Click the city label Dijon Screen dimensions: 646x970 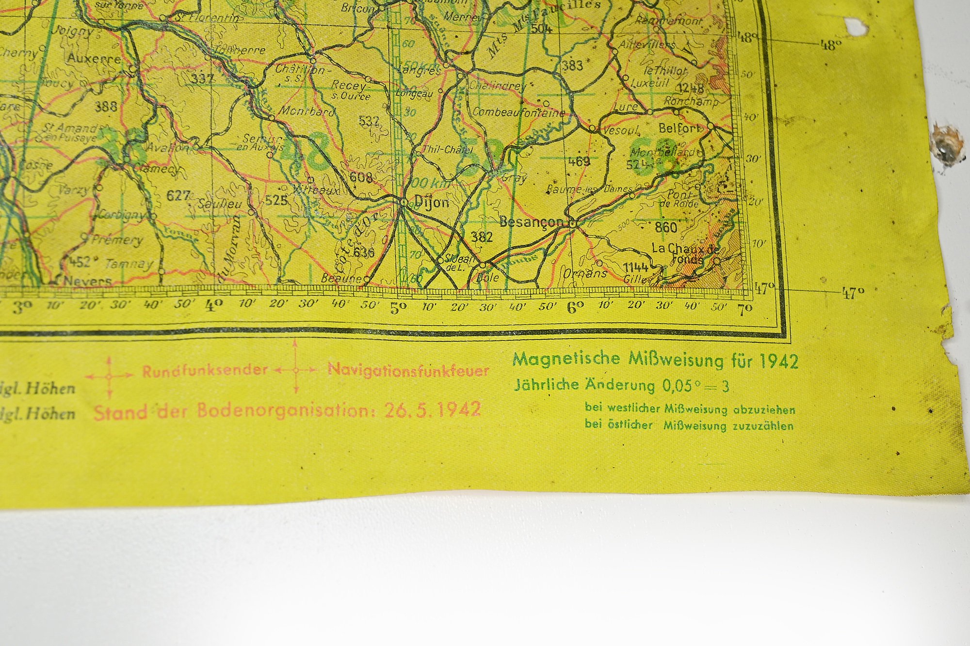(x=432, y=202)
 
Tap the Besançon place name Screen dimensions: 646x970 (x=531, y=222)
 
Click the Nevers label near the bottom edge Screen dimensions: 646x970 (x=88, y=281)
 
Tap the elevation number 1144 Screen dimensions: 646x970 (x=635, y=268)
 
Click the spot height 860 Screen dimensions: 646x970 (x=665, y=227)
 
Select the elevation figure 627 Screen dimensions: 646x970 (x=178, y=195)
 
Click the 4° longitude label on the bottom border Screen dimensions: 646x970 (x=214, y=306)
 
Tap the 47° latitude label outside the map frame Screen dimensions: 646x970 (x=853, y=293)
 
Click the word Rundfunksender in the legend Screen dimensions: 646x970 (x=205, y=371)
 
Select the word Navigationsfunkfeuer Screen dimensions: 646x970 (x=408, y=370)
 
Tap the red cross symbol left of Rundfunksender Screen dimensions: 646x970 (x=109, y=376)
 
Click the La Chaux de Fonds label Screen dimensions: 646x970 (x=685, y=253)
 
